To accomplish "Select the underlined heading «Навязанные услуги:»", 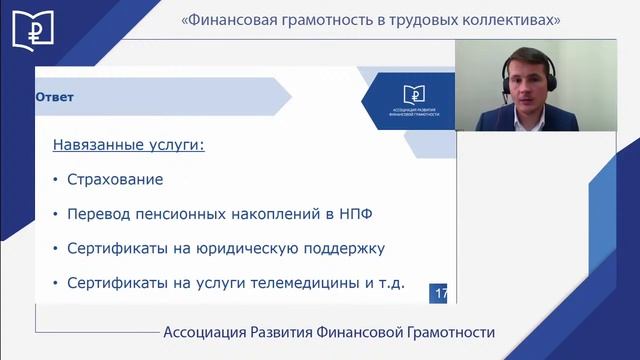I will [x=128, y=146].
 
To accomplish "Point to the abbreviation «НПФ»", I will [x=334, y=215].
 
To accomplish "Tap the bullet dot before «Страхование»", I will [x=54, y=181].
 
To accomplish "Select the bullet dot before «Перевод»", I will [x=54, y=215].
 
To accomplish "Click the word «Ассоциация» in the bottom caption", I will [x=212, y=333].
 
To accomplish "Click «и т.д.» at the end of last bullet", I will [x=384, y=283].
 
